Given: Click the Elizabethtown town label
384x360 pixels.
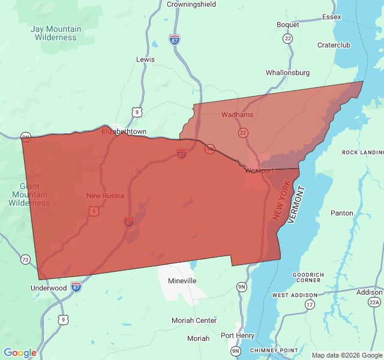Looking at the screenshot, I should [x=124, y=131].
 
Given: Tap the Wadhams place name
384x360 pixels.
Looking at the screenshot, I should [x=238, y=115].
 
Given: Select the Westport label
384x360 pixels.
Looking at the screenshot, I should [x=259, y=170].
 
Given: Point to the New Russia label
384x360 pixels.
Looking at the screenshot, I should [x=105, y=196].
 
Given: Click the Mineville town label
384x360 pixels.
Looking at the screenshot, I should [x=182, y=281].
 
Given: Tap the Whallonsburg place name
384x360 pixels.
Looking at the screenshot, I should [x=288, y=73].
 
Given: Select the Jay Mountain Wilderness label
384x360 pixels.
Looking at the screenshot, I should [x=56, y=33].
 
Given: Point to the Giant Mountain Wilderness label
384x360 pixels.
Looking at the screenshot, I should [x=29, y=194].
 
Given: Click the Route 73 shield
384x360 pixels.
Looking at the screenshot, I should [x=25, y=260].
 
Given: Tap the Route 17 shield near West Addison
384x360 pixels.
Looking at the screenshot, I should [x=310, y=305].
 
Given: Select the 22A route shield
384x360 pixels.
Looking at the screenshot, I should [x=374, y=302].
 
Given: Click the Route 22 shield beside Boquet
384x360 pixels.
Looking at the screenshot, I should [x=288, y=38].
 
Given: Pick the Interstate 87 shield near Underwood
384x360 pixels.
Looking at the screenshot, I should [x=76, y=287].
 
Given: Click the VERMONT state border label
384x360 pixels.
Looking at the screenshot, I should [x=297, y=205].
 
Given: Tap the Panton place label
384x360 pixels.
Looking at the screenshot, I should [x=342, y=213].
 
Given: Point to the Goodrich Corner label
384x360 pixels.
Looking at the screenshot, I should [x=308, y=278].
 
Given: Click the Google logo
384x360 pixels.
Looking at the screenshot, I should [x=20, y=353].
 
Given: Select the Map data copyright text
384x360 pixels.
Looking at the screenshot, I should [x=346, y=355].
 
